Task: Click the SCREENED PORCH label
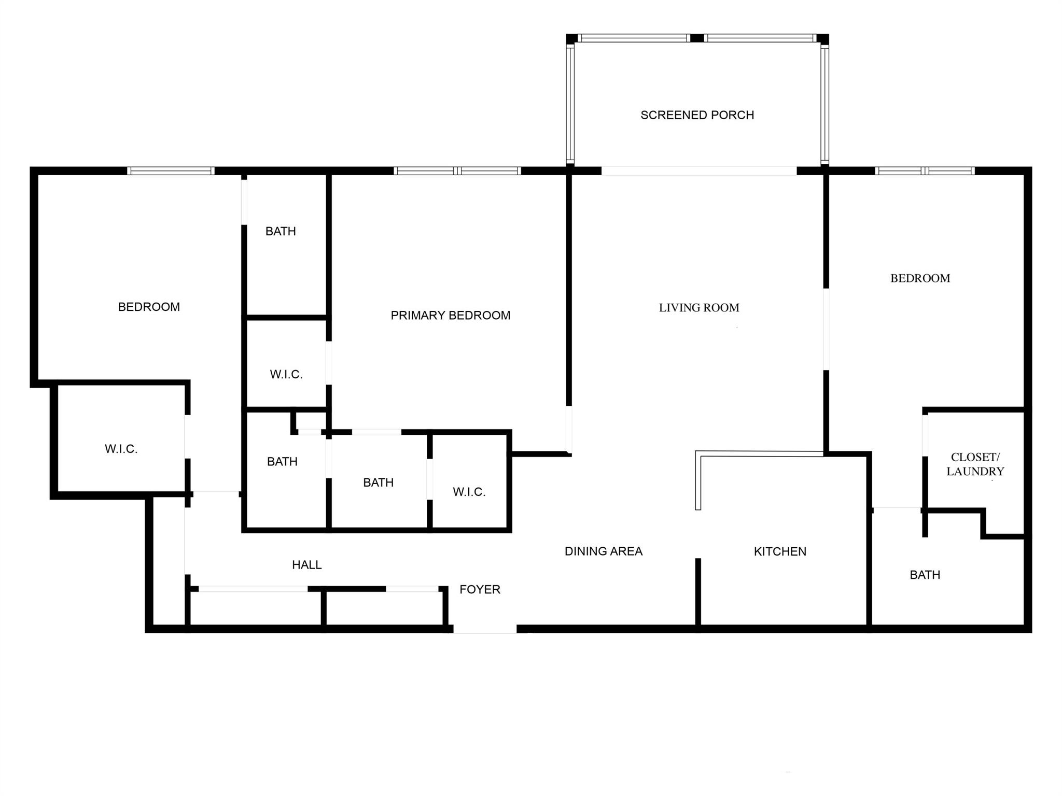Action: tap(697, 115)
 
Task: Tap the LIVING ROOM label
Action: tap(698, 308)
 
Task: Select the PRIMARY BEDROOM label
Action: tap(450, 316)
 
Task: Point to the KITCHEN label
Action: tap(780, 551)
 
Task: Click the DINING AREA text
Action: tap(603, 551)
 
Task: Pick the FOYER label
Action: tap(480, 589)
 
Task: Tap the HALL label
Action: tap(306, 565)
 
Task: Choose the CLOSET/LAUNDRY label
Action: tap(975, 464)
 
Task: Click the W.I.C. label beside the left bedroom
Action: tap(121, 449)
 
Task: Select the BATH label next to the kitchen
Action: tap(925, 575)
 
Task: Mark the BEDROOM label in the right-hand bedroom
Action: tap(920, 278)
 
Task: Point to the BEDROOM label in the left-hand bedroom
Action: tap(149, 307)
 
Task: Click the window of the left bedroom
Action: tap(171, 171)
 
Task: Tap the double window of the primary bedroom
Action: tap(457, 171)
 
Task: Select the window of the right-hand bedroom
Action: tap(925, 171)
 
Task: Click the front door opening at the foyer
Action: tap(485, 629)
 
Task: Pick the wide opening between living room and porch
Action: tap(698, 171)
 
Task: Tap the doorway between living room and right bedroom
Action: tap(826, 330)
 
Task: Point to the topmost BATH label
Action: tap(281, 231)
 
